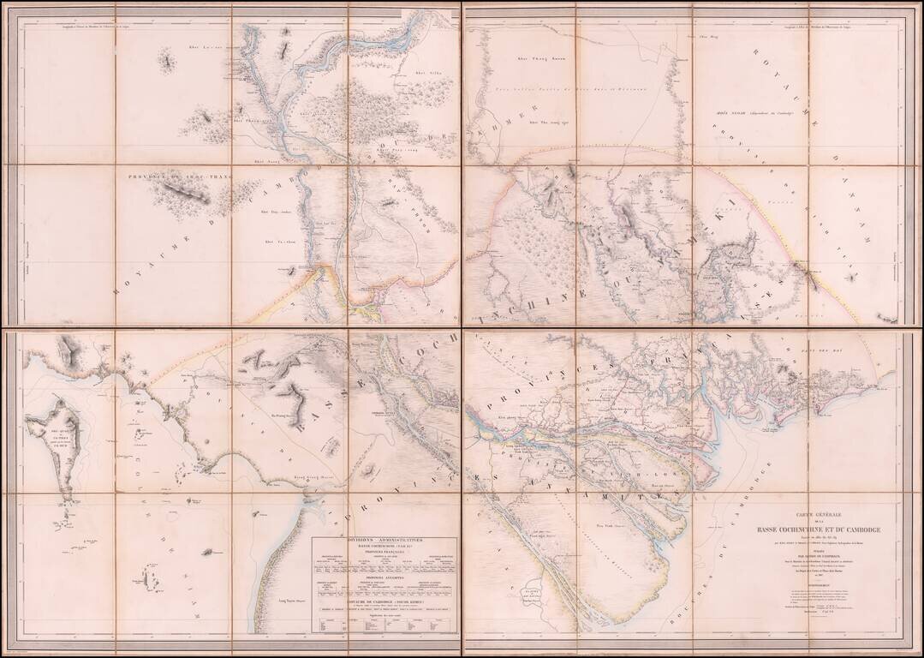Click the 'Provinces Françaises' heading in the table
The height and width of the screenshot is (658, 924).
point(384,552)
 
